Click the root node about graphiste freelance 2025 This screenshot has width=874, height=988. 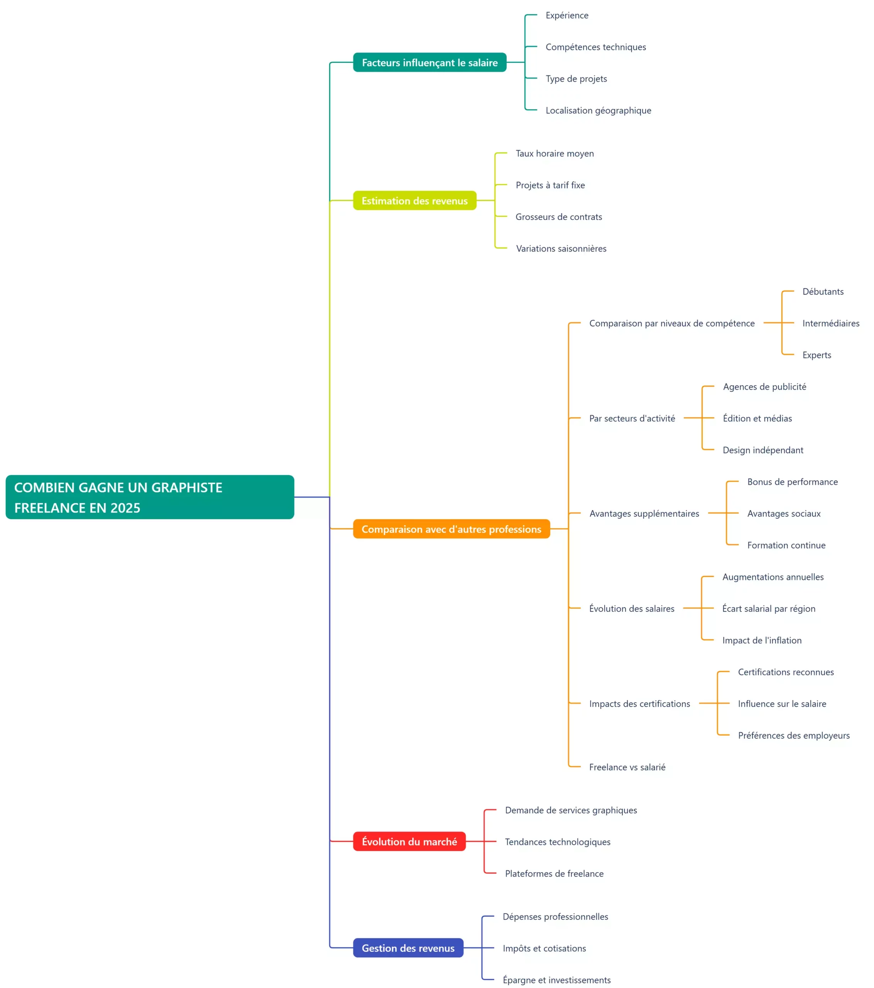(x=149, y=497)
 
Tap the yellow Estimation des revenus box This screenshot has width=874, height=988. (x=414, y=201)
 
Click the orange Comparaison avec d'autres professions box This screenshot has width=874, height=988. (x=451, y=529)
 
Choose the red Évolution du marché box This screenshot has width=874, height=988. (x=409, y=842)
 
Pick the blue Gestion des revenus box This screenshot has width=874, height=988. (x=408, y=948)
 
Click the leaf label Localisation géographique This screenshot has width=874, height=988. (x=598, y=110)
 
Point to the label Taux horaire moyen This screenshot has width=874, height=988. (x=554, y=153)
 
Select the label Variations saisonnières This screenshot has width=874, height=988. (x=561, y=249)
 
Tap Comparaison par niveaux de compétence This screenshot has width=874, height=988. (x=671, y=323)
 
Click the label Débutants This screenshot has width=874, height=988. (x=823, y=291)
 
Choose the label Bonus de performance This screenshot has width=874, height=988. (x=792, y=482)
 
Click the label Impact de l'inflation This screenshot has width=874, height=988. (x=762, y=640)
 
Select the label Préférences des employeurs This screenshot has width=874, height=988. (x=793, y=735)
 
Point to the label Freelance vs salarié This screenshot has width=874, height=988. (x=627, y=767)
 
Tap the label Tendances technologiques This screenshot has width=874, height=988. (x=557, y=842)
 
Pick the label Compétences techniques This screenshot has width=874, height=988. (x=595, y=47)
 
